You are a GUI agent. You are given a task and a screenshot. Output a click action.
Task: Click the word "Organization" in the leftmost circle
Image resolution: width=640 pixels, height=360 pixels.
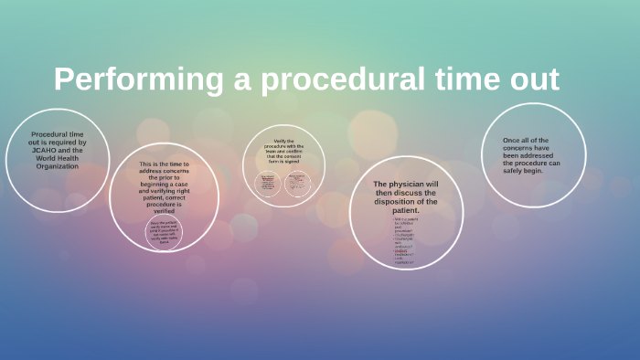[x=58, y=167]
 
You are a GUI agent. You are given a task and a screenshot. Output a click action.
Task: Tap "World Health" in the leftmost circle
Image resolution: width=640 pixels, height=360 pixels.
[x=59, y=161]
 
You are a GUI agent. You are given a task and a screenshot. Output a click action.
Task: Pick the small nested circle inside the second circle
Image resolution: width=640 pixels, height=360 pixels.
[x=164, y=233]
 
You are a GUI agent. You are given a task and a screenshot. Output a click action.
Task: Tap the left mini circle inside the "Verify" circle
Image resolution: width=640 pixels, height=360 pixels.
[x=269, y=184]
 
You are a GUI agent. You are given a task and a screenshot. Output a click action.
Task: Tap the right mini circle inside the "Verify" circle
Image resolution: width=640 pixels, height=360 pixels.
[x=297, y=184]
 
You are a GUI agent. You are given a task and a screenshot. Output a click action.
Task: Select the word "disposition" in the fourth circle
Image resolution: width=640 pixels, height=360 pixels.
[x=390, y=201]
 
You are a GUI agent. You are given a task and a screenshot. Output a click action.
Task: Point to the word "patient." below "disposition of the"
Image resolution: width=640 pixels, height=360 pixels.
[x=405, y=210]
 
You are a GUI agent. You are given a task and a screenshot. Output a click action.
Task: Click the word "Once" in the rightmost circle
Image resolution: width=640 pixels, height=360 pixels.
[x=512, y=140]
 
